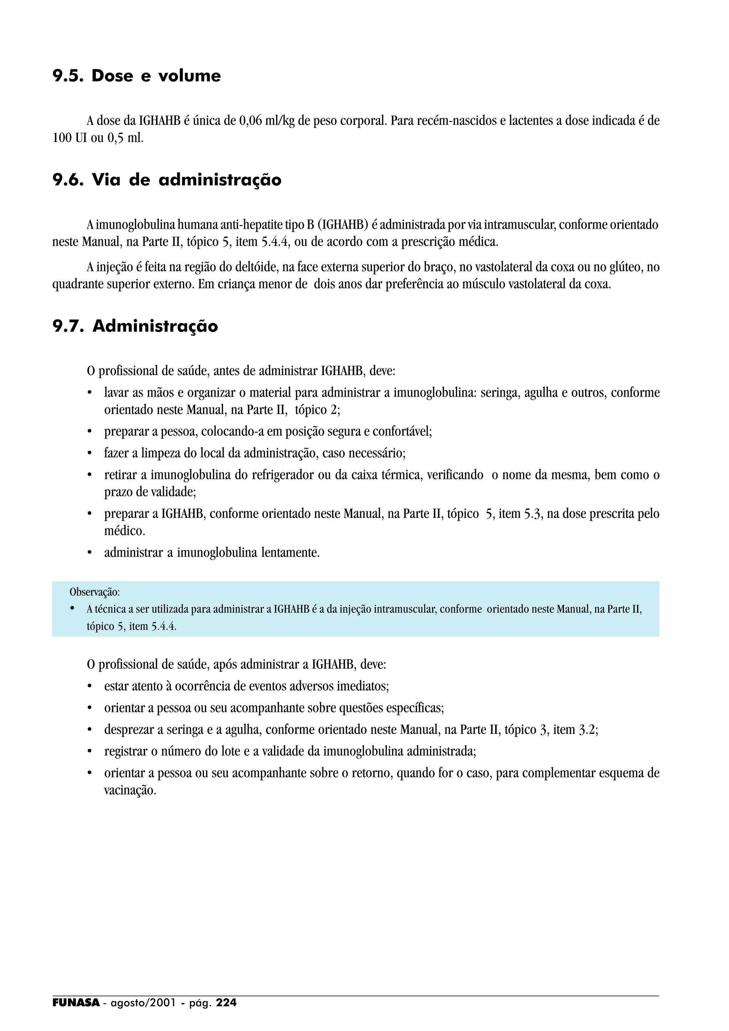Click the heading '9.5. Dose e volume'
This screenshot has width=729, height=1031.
(x=137, y=76)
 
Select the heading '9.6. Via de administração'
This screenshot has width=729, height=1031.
(x=167, y=180)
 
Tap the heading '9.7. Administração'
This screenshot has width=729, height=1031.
(x=135, y=326)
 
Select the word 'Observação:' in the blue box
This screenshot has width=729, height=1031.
(x=94, y=592)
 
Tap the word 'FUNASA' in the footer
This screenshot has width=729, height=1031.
(x=76, y=1003)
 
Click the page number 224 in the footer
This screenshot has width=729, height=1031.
(x=226, y=1003)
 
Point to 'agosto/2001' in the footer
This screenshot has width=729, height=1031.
(x=143, y=1003)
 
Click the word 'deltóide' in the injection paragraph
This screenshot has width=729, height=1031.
(x=255, y=268)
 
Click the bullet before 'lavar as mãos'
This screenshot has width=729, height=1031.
(x=89, y=393)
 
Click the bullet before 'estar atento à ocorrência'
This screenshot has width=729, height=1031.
(x=89, y=687)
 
